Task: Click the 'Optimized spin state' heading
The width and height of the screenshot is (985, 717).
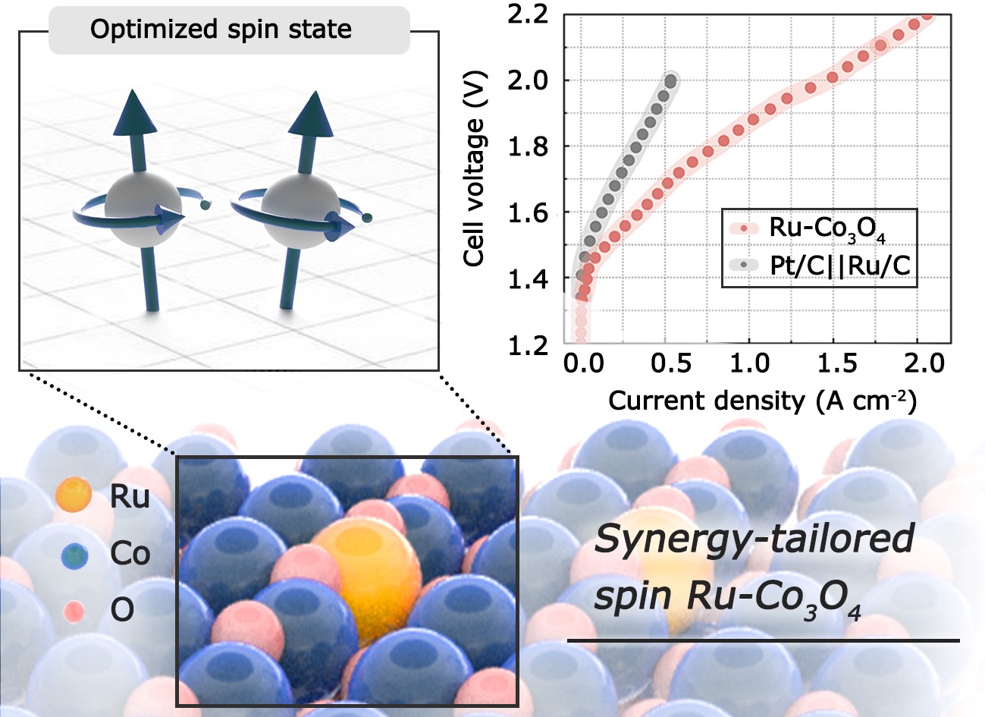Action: pos(221,30)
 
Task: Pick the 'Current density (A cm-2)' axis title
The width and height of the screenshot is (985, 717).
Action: pos(762,400)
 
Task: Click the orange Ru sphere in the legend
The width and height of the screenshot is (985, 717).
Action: pos(74,496)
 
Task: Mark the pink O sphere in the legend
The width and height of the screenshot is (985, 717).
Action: pos(74,610)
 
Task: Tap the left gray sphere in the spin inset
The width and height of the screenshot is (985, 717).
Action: pos(143,205)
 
